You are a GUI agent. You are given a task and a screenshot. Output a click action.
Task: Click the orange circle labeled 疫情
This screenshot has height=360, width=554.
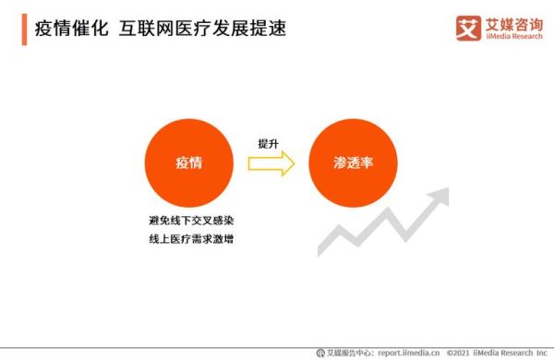189,162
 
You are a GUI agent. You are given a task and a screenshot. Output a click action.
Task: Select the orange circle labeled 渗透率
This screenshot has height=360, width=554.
352,162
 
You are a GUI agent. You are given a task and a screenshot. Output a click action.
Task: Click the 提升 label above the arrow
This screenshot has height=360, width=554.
269,144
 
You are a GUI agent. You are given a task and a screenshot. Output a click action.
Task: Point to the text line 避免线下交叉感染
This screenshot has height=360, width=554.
189,222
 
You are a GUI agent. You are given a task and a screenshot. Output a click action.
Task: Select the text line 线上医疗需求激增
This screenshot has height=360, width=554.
189,241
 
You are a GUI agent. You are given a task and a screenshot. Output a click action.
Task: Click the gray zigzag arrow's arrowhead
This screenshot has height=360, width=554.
440,197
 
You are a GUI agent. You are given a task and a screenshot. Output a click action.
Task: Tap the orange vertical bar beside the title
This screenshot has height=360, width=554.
22,30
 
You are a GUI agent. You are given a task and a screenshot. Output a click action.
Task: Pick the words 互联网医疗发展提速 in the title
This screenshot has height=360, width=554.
202,30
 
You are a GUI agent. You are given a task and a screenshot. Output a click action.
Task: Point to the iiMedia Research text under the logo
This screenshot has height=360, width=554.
513,37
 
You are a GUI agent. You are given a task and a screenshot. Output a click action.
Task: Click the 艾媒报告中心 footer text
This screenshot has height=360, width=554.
349,353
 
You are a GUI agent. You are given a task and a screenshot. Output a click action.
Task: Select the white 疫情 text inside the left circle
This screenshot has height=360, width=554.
189,162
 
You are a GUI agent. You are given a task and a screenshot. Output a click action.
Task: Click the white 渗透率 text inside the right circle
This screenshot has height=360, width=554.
352,162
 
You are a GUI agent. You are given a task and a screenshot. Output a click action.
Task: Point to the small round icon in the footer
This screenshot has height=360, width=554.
320,353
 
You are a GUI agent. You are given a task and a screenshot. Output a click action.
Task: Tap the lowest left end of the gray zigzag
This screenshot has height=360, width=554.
320,251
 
